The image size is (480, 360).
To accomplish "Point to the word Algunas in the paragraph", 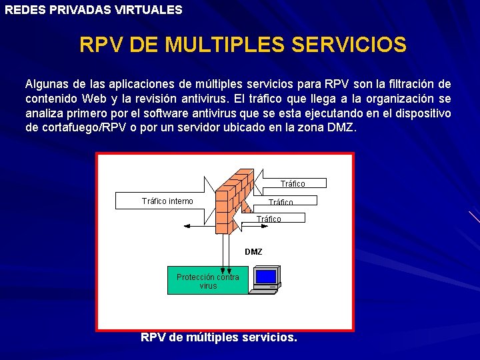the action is pos(47,84).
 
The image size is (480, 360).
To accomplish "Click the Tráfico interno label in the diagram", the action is pos(167,201).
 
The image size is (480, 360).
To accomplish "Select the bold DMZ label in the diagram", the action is pos(253,252).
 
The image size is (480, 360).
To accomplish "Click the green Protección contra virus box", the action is pos(208,281).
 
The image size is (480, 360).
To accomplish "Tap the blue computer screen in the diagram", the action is pos(266,276).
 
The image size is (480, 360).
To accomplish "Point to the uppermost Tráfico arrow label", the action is pos(293,183).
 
